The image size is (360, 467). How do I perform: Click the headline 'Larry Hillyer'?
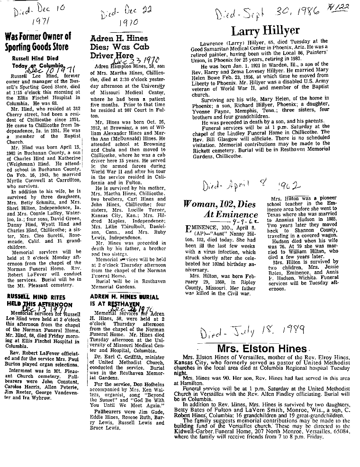265,31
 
